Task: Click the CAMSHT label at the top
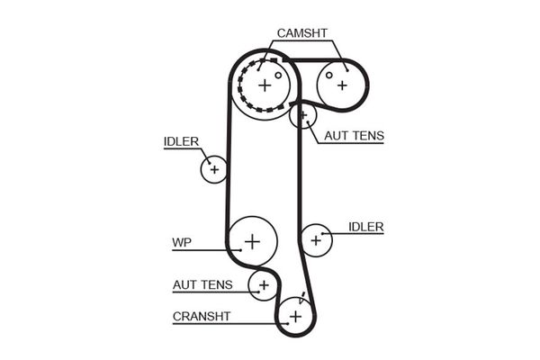[301, 33]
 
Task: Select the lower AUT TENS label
[202, 285]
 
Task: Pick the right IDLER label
[365, 226]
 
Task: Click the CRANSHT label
[202, 316]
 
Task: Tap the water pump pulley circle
[252, 240]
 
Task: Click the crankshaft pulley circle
[295, 316]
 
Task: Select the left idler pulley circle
[214, 168]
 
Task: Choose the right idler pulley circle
[316, 239]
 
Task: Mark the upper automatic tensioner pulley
[303, 115]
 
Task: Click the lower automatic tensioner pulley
[264, 285]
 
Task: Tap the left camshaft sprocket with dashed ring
[264, 85]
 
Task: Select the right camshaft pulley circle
[342, 85]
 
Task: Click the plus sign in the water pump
[252, 240]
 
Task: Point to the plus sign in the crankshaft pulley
[295, 316]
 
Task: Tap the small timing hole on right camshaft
[330, 74]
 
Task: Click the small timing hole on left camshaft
[278, 75]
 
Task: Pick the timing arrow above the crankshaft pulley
[303, 297]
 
